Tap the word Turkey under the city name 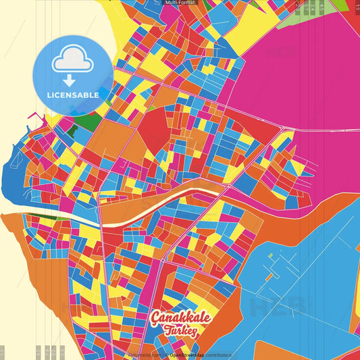[181, 331]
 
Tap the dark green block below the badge [84, 124]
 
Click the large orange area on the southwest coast [27, 257]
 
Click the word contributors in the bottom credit [219, 355]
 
